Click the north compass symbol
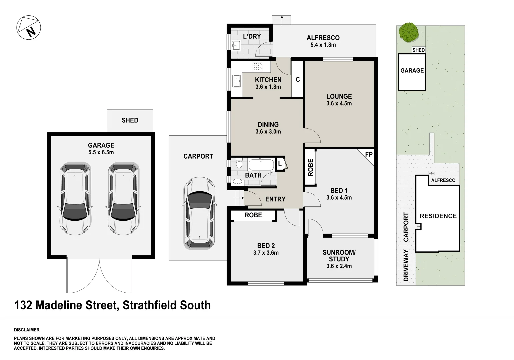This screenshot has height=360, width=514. pos(29,28)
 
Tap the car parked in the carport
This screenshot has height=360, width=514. pos(199,213)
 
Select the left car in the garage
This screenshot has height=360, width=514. pos(75,199)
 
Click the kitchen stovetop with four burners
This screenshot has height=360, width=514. pos(258,66)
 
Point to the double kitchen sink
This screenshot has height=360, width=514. pos(237,81)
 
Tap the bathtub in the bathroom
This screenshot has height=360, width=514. pos(261,165)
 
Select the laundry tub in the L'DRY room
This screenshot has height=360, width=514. pos(236,45)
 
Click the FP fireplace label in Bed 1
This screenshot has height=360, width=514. pos(368,155)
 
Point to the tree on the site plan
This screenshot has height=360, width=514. pos(409,32)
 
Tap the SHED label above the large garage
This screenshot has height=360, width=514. pos(130,120)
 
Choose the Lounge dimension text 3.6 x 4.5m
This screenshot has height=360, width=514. pos(339,103)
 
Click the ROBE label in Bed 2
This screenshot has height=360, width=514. pos(253,215)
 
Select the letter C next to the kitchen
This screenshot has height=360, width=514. pos(298,79)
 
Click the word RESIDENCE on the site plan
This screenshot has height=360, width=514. pos(438,216)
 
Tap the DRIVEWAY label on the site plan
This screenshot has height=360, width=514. pos(406,266)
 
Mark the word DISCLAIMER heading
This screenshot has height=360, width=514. pos(27,330)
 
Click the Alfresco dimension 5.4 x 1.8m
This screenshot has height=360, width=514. pos(323,45)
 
